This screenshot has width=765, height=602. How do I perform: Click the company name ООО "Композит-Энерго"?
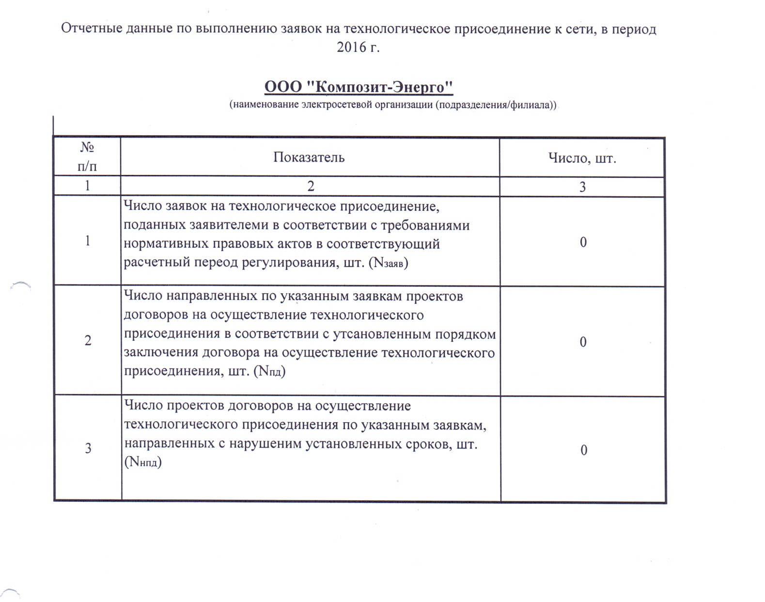[359, 87]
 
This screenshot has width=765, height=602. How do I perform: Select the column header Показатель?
[309, 158]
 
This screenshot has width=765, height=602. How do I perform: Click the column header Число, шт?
[582, 158]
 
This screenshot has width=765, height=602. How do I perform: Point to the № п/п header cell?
[87, 157]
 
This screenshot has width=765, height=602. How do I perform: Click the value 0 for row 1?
[583, 242]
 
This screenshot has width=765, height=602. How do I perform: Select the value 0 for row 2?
[583, 342]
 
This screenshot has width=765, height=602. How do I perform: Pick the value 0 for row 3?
[584, 450]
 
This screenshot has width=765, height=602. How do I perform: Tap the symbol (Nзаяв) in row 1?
[389, 263]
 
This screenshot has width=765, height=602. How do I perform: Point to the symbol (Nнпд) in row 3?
[143, 462]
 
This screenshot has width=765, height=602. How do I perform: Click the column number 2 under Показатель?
[311, 187]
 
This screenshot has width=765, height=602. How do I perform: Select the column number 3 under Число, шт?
[583, 187]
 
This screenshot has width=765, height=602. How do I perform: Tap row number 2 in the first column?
[88, 340]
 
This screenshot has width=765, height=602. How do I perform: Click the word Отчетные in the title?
[91, 29]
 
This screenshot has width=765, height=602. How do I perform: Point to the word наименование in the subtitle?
[264, 105]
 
